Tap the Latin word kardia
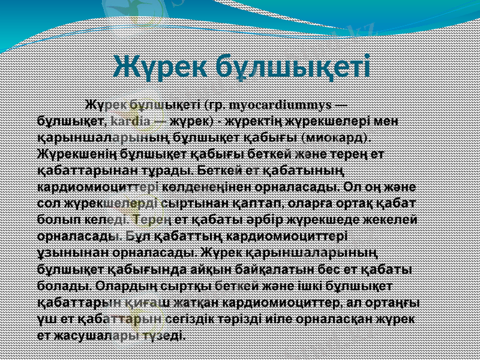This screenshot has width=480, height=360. click(130, 122)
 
